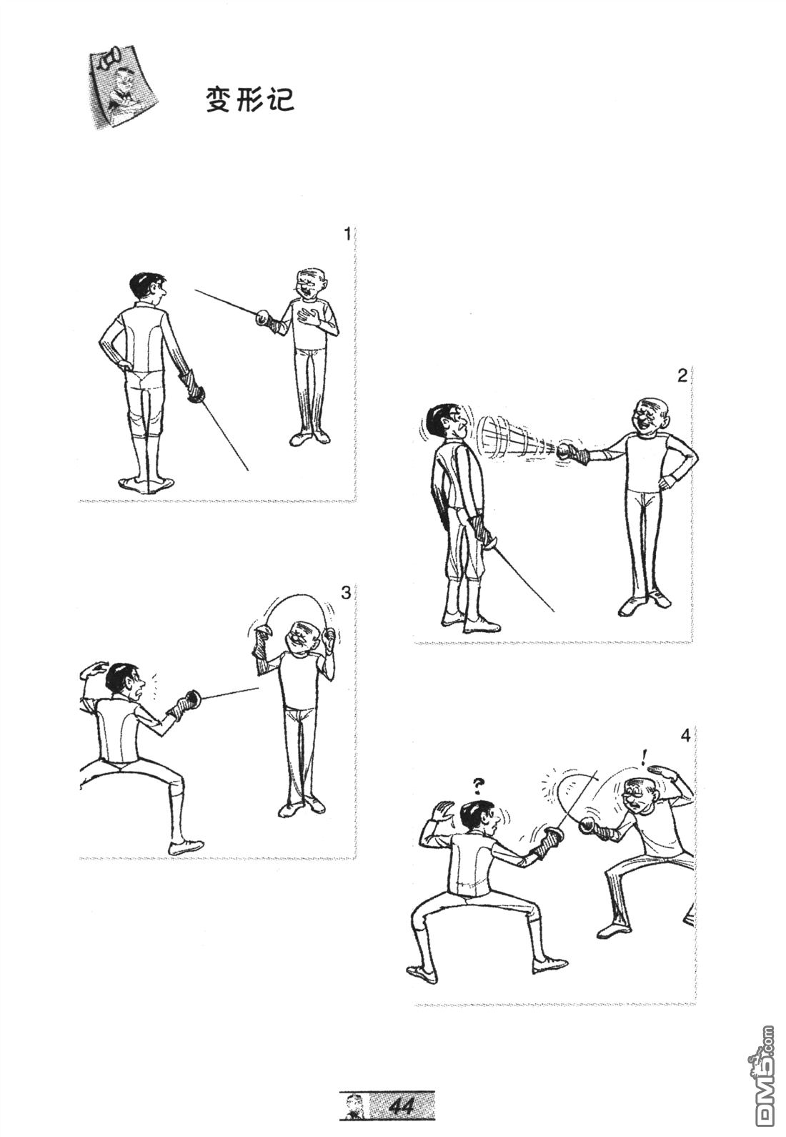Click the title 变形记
(250, 99)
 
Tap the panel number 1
(347, 235)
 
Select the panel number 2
(682, 376)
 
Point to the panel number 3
(347, 592)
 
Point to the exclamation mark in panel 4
(644, 772)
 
